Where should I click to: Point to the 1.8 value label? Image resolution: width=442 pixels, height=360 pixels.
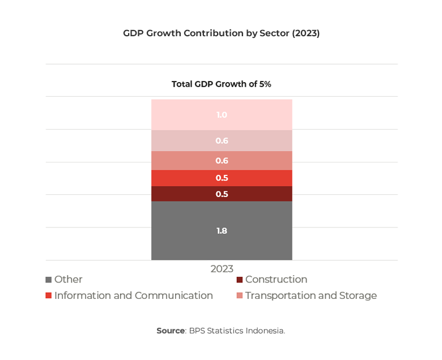[x=222, y=231]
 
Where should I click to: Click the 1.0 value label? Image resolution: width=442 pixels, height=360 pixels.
[x=222, y=115]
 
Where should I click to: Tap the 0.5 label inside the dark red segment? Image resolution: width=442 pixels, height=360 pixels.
[x=222, y=194]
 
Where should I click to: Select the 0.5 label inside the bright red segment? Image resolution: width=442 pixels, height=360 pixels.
[x=222, y=178]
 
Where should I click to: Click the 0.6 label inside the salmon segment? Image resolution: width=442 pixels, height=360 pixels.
[x=222, y=161]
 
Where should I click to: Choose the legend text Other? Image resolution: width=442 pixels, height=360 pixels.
[x=68, y=280]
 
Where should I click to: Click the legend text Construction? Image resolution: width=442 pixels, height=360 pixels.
[x=276, y=280]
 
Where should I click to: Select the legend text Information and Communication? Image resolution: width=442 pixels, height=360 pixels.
[x=133, y=295]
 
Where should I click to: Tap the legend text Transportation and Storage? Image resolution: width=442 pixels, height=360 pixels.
[x=311, y=295]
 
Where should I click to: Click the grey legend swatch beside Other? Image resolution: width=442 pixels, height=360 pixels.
[x=49, y=280]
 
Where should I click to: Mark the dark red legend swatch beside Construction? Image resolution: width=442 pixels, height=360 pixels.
[x=240, y=280]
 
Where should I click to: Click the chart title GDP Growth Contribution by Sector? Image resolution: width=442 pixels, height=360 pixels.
[x=221, y=33]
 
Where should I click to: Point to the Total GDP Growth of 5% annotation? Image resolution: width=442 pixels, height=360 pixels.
[x=221, y=84]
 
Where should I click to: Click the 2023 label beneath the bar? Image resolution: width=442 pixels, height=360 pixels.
[x=222, y=269]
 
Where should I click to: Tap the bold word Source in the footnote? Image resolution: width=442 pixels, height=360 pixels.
[x=171, y=331]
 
